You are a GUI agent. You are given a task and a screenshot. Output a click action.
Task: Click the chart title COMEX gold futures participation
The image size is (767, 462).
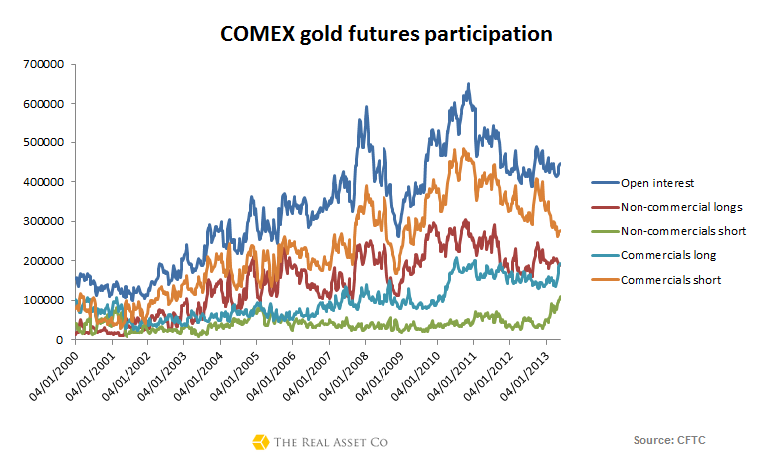point(385,34)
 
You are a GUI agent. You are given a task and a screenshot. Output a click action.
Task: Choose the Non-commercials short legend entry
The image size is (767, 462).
point(682,231)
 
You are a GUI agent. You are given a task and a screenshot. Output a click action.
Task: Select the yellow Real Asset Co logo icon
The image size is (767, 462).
point(261,441)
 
